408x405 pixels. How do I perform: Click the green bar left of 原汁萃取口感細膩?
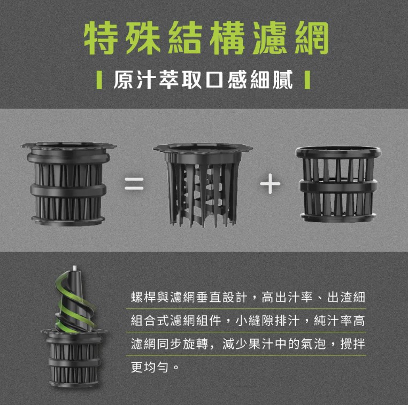pyautogui.click(x=99, y=80)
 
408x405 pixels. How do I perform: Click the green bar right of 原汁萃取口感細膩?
pyautogui.click(x=307, y=80)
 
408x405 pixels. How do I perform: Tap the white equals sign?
pyautogui.click(x=134, y=184)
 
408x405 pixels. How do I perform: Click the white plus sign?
pyautogui.click(x=270, y=184)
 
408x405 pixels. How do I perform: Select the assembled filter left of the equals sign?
pyautogui.click(x=68, y=184)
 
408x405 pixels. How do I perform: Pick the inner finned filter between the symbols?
pyautogui.click(x=203, y=185)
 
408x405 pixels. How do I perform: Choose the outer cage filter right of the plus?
pyautogui.click(x=338, y=184)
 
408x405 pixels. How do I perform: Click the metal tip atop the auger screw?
pyautogui.click(x=74, y=268)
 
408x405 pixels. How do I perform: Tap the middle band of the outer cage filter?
pyautogui.click(x=338, y=185)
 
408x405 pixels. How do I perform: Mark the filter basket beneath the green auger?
pyautogui.click(x=74, y=358)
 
